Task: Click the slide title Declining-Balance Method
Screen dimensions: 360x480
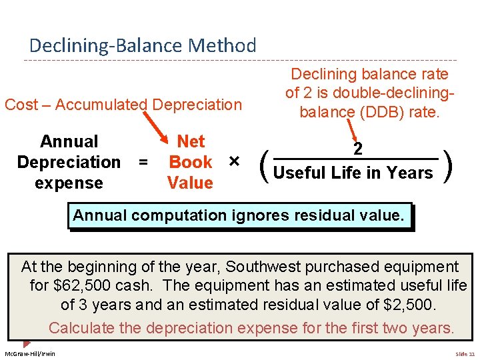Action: [x=142, y=46]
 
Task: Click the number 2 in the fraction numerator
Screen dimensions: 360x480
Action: [x=358, y=149]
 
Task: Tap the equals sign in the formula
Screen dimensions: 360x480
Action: [x=141, y=162]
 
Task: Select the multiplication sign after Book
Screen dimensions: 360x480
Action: [x=233, y=162]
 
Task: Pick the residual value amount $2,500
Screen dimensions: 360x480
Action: [x=408, y=305]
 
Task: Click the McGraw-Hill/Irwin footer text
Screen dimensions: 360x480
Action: [x=30, y=353]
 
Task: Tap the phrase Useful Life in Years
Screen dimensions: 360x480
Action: [x=353, y=173]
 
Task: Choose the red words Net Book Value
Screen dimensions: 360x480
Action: [x=191, y=162]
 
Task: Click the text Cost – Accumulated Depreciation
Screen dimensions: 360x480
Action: [x=123, y=105]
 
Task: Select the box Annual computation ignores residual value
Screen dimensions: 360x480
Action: [x=239, y=216]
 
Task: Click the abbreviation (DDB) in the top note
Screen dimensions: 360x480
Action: [x=377, y=112]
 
